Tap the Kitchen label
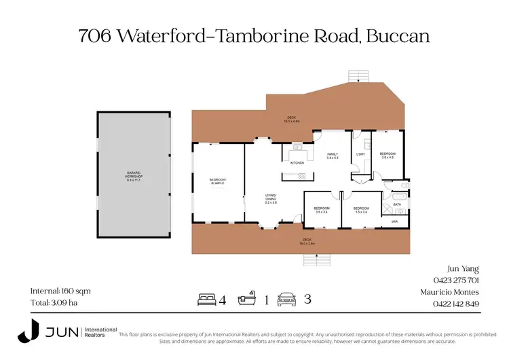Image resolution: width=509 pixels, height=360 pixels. [x=297, y=163]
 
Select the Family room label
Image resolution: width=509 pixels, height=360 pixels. [x=333, y=156]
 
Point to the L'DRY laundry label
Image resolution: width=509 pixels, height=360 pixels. [x=360, y=154]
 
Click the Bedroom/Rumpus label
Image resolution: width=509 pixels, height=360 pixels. [x=217, y=181]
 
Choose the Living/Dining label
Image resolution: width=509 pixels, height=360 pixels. [x=271, y=200]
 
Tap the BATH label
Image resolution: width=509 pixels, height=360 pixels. [x=396, y=203]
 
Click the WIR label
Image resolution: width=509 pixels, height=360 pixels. [x=394, y=221]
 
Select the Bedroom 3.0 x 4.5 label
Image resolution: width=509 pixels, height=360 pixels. [x=387, y=156]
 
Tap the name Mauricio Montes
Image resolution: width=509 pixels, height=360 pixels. [x=450, y=292]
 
